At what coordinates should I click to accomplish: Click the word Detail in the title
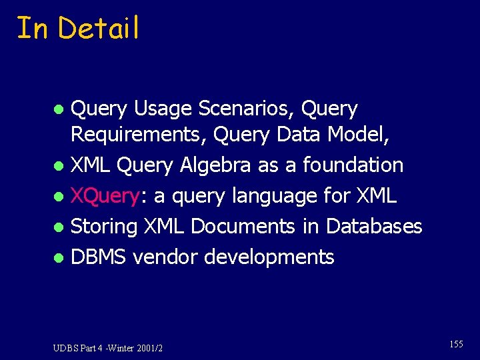99,29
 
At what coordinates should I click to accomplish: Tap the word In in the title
32,29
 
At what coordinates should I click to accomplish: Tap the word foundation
353,165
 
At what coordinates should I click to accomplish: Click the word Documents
243,227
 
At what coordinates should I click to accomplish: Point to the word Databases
374,227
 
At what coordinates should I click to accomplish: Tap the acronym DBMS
99,257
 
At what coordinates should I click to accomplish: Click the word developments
269,257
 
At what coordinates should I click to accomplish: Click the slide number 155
456,344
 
